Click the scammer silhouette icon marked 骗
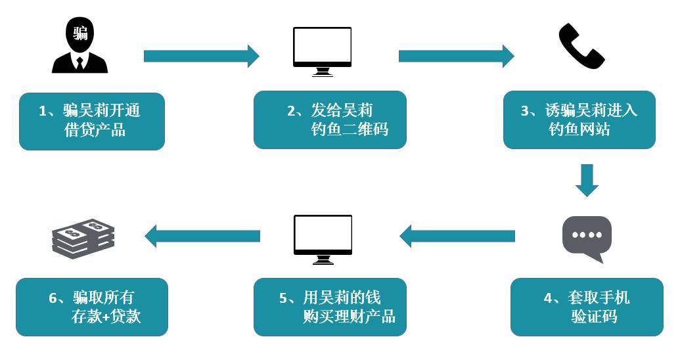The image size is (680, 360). tap(79, 46)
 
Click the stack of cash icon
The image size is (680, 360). tap(83, 238)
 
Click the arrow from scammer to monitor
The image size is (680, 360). tap(201, 56)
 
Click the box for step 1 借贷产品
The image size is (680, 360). tap(92, 121)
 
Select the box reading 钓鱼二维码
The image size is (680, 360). tap(330, 120)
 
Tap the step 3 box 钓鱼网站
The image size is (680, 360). tap(579, 120)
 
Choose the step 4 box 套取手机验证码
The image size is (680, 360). tap(587, 307)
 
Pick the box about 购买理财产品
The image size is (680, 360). tap(330, 307)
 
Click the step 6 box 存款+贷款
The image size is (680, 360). tap(92, 307)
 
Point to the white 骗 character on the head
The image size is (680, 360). tap(80, 33)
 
